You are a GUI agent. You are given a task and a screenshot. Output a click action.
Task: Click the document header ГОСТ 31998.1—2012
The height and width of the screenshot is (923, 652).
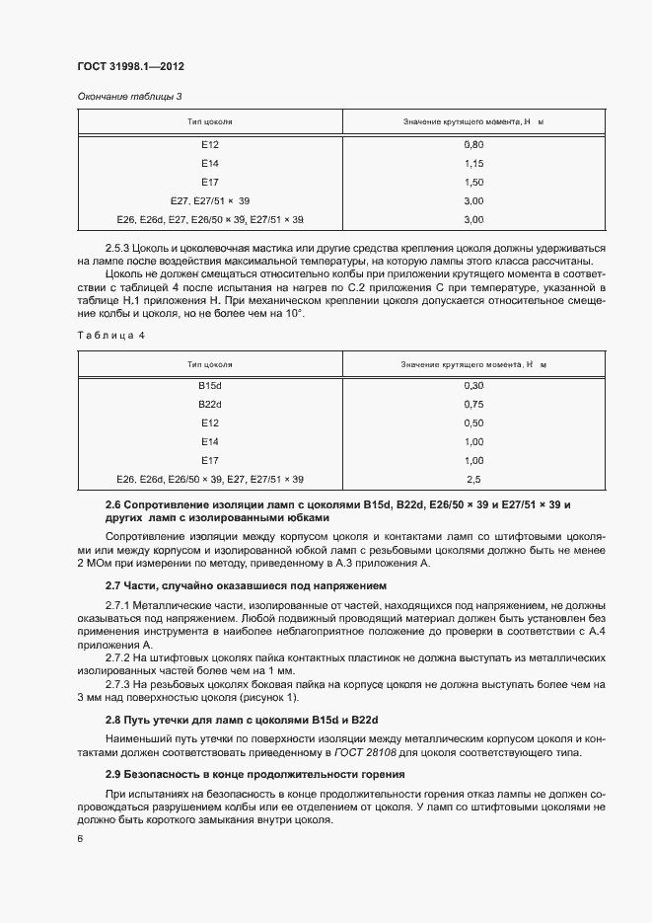130,66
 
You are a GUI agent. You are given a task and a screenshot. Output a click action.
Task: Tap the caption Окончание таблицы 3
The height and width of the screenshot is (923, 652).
129,96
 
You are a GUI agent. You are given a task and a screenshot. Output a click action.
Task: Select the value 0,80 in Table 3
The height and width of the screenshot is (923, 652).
473,145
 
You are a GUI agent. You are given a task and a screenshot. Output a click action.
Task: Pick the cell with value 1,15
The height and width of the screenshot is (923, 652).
473,163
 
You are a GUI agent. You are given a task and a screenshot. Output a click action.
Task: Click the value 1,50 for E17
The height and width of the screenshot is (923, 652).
473,182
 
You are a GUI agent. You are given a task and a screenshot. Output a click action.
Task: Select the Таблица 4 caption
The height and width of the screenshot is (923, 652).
110,336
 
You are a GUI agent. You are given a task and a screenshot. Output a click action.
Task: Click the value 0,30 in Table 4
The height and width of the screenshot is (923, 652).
473,385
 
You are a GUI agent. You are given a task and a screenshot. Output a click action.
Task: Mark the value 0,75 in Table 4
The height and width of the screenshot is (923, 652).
473,404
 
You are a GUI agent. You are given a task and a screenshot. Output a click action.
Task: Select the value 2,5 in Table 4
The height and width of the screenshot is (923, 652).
473,479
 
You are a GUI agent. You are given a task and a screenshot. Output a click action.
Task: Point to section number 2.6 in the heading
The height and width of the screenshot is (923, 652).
113,504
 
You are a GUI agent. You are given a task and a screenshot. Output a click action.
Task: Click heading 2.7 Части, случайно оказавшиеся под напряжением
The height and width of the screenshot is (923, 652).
229,585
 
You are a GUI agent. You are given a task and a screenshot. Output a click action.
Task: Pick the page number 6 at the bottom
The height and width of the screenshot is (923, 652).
80,838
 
